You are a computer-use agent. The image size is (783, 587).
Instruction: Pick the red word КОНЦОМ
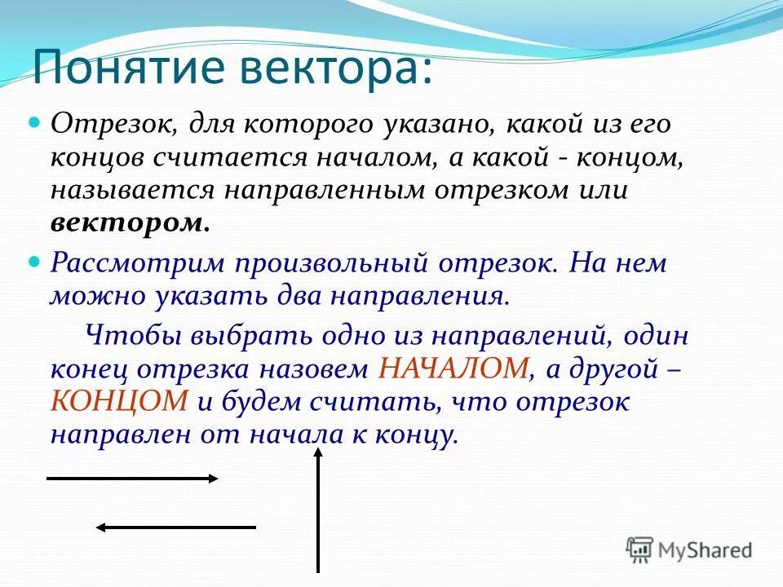tap(120, 401)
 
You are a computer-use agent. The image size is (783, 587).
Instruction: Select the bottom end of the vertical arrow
tap(318, 571)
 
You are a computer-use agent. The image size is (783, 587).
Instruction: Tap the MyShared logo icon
tap(640, 549)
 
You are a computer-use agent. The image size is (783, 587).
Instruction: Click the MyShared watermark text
tap(706, 551)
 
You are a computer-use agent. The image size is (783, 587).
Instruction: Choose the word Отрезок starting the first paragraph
tap(110, 125)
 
